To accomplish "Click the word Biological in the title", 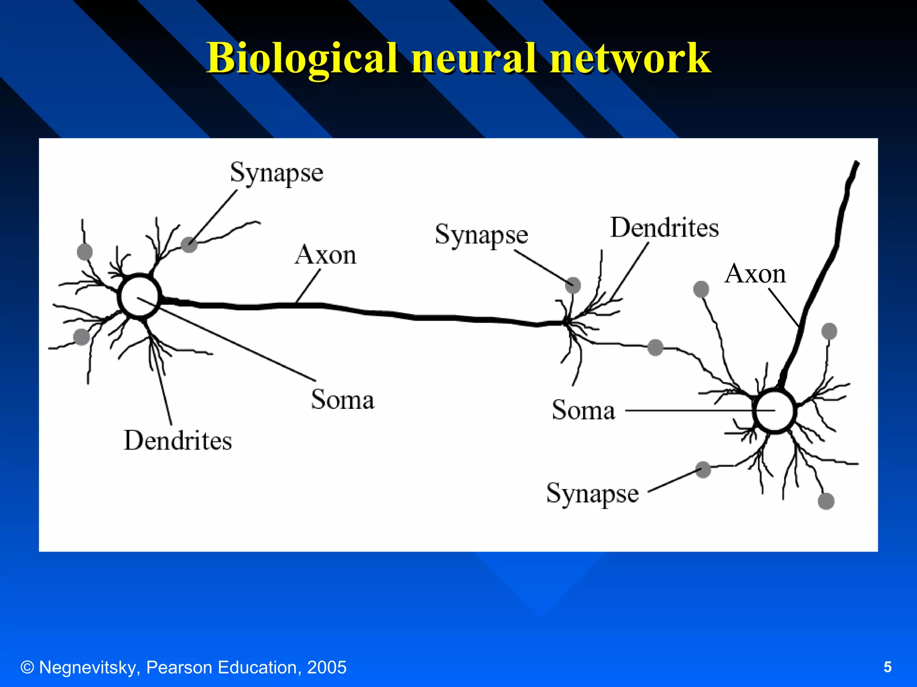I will click(302, 58).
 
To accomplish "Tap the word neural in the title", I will click(474, 58).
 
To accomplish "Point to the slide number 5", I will click(887, 667).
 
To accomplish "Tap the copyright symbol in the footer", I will click(27, 667).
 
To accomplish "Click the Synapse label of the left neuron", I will click(276, 173).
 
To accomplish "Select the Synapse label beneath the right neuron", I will click(592, 494).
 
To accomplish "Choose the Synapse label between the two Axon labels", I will click(481, 235).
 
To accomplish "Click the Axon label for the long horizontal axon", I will click(326, 255).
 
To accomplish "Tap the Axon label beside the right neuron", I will click(755, 274).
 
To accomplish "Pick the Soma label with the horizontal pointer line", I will click(583, 410).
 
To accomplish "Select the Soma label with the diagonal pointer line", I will click(343, 399).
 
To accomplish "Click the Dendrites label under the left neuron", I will click(178, 441).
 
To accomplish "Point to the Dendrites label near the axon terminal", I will click(664, 228).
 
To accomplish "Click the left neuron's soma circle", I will click(139, 296).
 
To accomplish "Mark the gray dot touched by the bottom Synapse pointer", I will click(703, 470).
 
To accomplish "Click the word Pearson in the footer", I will click(179, 667).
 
